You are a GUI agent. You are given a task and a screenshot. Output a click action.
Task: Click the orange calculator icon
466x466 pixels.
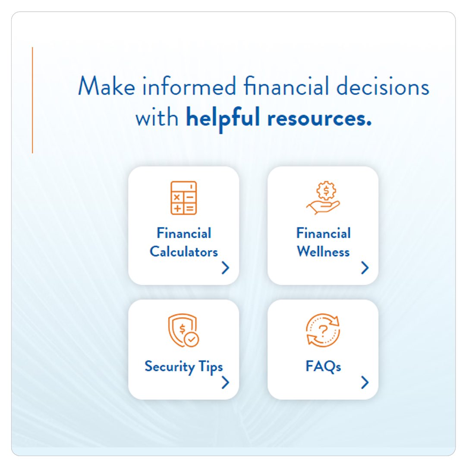pyautogui.click(x=183, y=198)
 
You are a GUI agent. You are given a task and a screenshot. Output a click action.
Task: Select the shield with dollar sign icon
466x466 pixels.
pyautogui.click(x=183, y=331)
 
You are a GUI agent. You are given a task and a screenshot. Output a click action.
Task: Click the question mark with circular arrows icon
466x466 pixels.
pyautogui.click(x=323, y=331)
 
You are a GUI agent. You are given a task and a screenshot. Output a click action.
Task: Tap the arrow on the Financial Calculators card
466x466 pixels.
pyautogui.click(x=225, y=268)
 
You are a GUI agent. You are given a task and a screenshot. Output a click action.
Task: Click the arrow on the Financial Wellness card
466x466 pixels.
pyautogui.click(x=365, y=268)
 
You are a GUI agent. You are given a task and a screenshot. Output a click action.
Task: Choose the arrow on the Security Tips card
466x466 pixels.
pyautogui.click(x=225, y=382)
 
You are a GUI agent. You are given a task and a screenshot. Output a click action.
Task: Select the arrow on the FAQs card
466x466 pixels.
pyautogui.click(x=365, y=382)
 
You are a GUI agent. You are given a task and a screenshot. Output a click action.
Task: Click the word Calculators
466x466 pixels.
pyautogui.click(x=184, y=252)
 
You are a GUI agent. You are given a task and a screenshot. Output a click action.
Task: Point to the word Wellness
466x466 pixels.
pyautogui.click(x=323, y=252)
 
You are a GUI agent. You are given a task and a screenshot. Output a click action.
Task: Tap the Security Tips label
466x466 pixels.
pyautogui.click(x=184, y=367)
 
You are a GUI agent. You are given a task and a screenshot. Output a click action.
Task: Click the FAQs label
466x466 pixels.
pyautogui.click(x=323, y=367)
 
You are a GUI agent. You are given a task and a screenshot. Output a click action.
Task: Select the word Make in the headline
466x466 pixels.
pyautogui.click(x=105, y=86)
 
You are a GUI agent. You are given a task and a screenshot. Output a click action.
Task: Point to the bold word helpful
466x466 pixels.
pyautogui.click(x=223, y=119)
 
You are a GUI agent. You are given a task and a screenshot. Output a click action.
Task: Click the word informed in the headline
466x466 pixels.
pyautogui.click(x=189, y=86)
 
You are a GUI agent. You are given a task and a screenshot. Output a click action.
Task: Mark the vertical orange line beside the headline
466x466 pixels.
pyautogui.click(x=32, y=100)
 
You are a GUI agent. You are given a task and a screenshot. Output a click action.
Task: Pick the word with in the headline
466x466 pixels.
pyautogui.click(x=157, y=119)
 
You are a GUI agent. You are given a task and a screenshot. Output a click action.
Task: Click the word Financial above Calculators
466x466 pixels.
pyautogui.click(x=184, y=233)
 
